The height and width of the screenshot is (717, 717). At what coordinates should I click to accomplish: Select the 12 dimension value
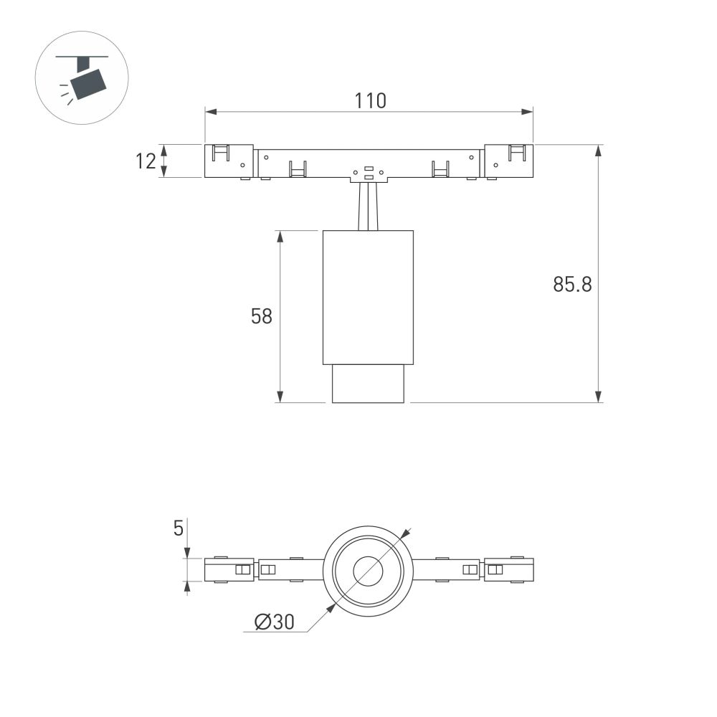click(x=146, y=161)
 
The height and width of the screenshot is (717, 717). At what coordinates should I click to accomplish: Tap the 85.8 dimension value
click(x=572, y=285)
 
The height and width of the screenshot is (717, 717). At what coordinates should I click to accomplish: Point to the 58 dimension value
click(x=262, y=316)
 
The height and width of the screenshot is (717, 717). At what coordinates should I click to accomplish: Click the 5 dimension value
click(x=179, y=528)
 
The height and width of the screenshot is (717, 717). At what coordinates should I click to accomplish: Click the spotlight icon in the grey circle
click(x=84, y=78)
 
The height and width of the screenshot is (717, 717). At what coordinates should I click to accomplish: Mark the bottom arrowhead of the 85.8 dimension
click(x=598, y=397)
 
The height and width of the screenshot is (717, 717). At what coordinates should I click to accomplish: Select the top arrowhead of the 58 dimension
click(x=280, y=236)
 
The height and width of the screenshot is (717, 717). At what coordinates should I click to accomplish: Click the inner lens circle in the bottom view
click(x=369, y=571)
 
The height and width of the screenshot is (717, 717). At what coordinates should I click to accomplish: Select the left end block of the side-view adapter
click(x=229, y=161)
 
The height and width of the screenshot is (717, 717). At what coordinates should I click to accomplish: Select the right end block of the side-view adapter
click(x=508, y=161)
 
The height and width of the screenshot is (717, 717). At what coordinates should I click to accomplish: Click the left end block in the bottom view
click(x=229, y=570)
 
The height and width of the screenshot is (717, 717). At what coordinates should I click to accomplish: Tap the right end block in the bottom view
click(x=508, y=570)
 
